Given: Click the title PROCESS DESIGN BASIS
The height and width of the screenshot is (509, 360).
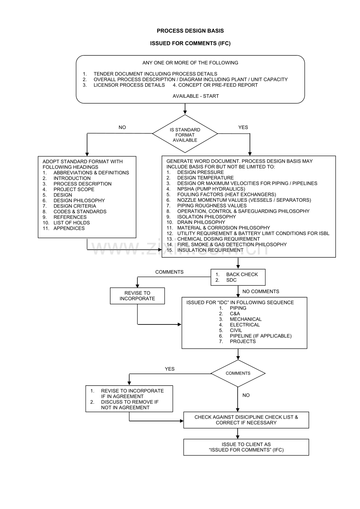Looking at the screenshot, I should [190, 31].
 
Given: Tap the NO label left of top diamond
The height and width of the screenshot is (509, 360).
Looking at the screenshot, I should [122, 127].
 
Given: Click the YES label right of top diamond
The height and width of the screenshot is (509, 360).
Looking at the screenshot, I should [243, 127].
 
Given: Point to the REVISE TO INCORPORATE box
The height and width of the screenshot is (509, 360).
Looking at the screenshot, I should [137, 296].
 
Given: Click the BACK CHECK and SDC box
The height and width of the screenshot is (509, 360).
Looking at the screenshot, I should [238, 278].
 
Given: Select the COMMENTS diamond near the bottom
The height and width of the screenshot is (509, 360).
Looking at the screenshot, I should [238, 373].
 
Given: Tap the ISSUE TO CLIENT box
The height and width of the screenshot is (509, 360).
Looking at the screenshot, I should [246, 447].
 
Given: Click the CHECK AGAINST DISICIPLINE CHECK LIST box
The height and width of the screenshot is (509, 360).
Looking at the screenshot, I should [246, 420].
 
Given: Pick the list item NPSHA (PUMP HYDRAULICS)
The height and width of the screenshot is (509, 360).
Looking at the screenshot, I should [211, 189].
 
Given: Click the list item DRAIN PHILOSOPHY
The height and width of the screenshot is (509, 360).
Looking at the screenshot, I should [201, 222].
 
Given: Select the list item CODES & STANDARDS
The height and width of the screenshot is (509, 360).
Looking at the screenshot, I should [80, 211].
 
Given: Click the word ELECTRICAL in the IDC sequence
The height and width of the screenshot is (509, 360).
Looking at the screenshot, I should [245, 325].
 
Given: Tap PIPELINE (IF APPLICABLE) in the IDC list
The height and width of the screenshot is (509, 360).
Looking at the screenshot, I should [261, 336].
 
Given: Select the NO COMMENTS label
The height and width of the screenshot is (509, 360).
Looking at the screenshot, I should [261, 292].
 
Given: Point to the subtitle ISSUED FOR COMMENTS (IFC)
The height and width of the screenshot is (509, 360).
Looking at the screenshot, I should [190, 44].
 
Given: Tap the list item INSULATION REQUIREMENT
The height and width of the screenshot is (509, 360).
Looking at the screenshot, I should [210, 250].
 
